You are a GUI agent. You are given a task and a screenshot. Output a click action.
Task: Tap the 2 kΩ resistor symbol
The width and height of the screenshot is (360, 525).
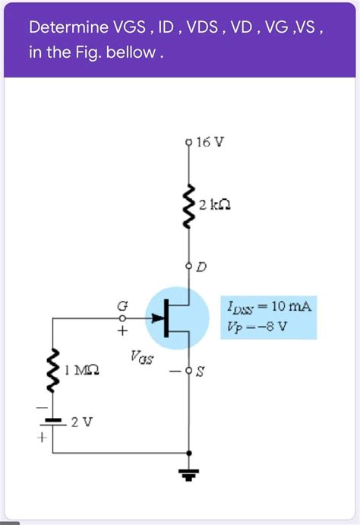(x=188, y=207)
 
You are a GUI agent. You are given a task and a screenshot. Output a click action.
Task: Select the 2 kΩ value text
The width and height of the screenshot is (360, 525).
(x=215, y=205)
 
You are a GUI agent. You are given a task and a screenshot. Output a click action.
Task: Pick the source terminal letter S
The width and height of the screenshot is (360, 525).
(x=201, y=372)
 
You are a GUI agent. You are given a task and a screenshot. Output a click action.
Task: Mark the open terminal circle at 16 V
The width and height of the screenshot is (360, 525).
(x=188, y=143)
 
